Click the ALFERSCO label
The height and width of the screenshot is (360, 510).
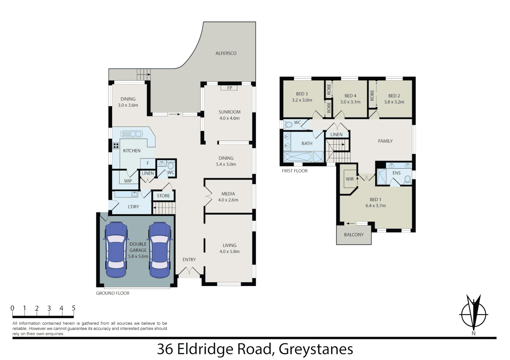click(226, 53)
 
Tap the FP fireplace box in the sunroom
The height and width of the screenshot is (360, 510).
click(229, 88)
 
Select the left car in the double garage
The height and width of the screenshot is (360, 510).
click(116, 250)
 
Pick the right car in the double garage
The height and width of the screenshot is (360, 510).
click(160, 250)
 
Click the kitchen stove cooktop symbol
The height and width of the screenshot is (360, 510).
click(116, 145)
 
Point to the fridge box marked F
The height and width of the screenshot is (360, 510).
click(148, 163)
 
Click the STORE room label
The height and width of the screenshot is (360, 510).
click(163, 196)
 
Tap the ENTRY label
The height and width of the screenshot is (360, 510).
click(189, 260)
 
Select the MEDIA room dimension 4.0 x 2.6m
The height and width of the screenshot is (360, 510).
click(228, 200)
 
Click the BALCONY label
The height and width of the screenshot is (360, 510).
click(354, 235)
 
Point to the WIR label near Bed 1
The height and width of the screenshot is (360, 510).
click(350, 179)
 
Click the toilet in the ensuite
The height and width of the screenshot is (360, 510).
click(407, 179)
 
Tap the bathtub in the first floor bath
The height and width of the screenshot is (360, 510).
click(298, 157)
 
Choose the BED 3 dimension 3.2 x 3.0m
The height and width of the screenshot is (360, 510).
click(302, 100)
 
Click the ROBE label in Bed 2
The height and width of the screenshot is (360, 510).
click(372, 95)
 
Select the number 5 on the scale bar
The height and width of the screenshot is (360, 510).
click(73, 308)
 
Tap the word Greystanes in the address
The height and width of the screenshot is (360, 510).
click(316, 349)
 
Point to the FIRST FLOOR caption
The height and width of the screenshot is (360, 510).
click(295, 171)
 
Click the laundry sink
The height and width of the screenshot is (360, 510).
click(134, 194)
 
